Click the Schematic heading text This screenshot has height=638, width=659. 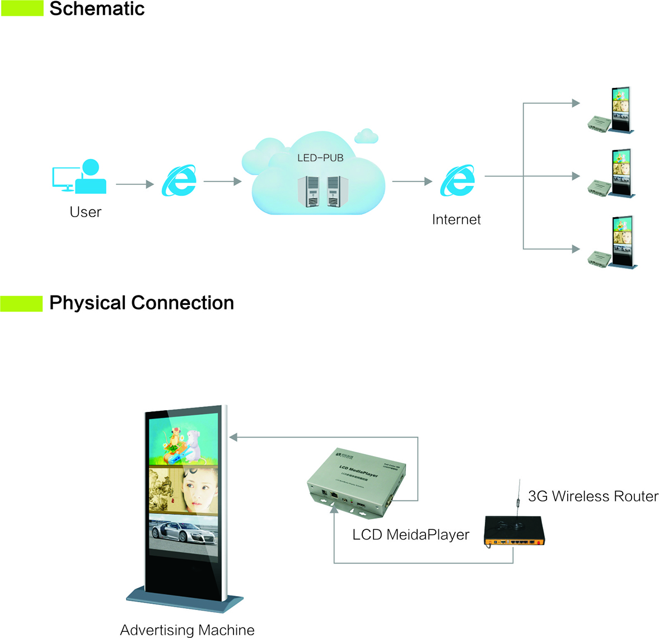pos(97,9)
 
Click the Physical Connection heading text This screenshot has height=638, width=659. pos(141,303)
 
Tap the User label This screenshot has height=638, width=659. pos(85,212)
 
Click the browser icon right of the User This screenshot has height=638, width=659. pos(179,181)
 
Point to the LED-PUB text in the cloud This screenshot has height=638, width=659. pos(320,158)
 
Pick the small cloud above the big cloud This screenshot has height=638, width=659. pos(366,135)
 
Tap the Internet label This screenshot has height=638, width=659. pos(456,219)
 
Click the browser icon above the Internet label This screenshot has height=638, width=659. pos(457,181)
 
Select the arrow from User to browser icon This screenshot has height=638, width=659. pos(134,184)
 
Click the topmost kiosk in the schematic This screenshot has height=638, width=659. pos(620,110)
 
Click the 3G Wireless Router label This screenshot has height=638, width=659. pos(593,496)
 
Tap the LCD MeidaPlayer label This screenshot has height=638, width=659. pos(410,535)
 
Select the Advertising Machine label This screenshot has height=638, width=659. pos(187,630)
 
